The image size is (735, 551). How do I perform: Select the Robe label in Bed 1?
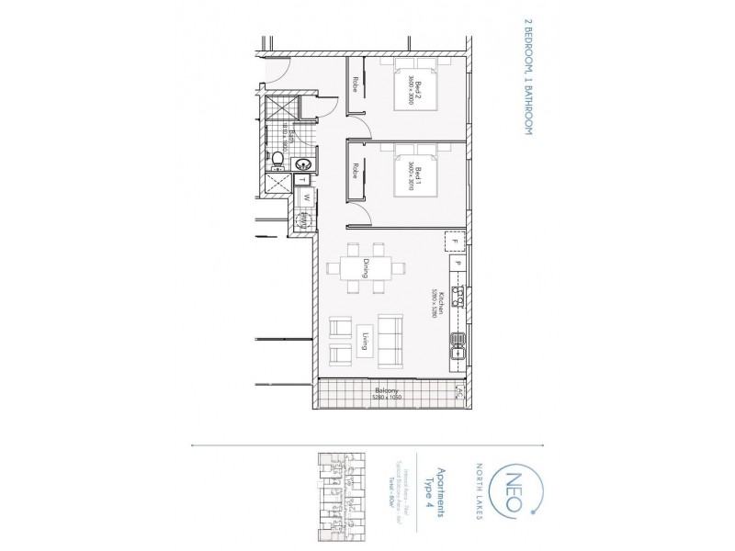tap(354, 171)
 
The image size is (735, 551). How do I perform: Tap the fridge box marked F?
tap(453, 242)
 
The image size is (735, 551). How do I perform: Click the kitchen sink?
tap(456, 346)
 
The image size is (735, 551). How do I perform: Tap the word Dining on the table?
tap(365, 269)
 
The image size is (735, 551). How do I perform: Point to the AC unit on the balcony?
tap(458, 392)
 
